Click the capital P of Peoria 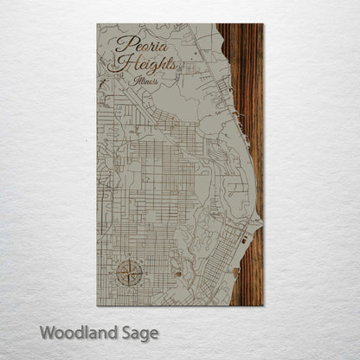[x=119, y=43]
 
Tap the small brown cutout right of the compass [x=178, y=274]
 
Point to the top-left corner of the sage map [x=98, y=24]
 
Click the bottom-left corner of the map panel [x=98, y=305]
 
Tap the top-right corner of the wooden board [x=262, y=24]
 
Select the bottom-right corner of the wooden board [x=262, y=305]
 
